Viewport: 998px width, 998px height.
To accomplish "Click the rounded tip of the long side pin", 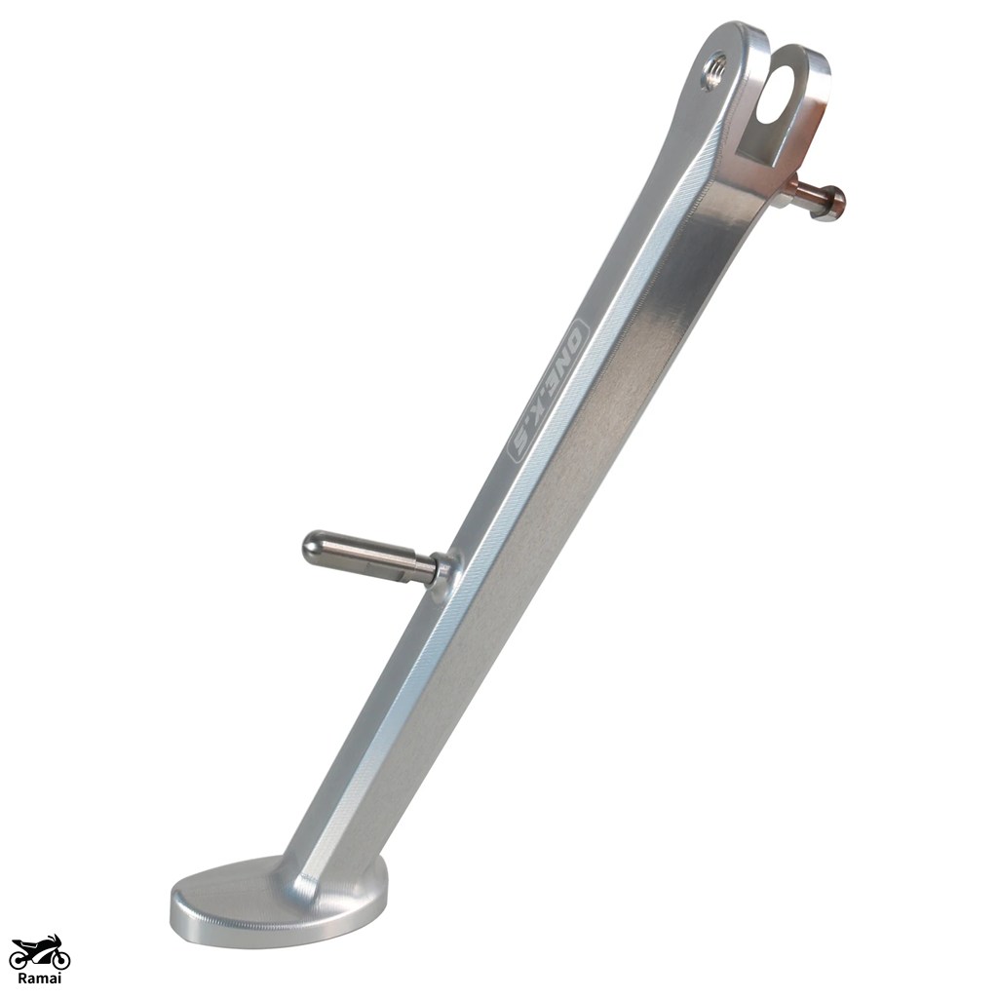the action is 312,546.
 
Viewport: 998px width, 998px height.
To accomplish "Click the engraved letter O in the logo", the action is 578,335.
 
